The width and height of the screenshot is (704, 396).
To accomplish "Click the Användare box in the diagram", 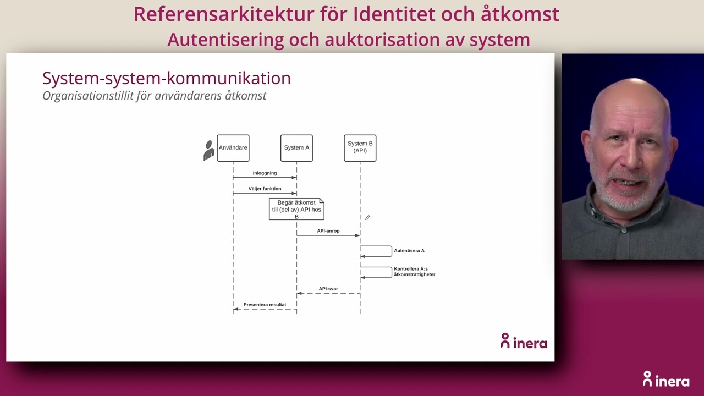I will click(x=233, y=148).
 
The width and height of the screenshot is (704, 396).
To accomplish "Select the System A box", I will click(x=296, y=148).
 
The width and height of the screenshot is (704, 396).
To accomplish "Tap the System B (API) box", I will click(x=360, y=148).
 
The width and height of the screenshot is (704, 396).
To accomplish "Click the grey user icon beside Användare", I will click(x=209, y=150).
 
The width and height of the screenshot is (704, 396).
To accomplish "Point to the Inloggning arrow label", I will click(x=265, y=173).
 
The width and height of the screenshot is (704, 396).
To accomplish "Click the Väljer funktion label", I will click(x=265, y=189).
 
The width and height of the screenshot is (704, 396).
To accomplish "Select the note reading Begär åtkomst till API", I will click(x=296, y=210).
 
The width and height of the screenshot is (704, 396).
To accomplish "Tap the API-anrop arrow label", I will click(x=328, y=231).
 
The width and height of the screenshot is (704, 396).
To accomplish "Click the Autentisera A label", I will click(x=409, y=251).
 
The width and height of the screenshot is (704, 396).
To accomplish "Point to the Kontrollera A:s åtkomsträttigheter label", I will click(x=414, y=272).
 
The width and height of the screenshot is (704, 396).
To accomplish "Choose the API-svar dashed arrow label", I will click(x=328, y=289).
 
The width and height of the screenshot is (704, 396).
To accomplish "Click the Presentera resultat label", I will click(x=265, y=305).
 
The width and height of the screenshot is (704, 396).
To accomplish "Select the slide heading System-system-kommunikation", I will click(x=166, y=78).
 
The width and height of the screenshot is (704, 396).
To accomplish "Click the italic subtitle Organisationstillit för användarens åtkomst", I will click(x=154, y=96).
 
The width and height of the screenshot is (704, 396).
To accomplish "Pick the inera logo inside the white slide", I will click(x=524, y=342).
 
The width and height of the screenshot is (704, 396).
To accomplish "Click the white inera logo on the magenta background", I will click(x=665, y=380).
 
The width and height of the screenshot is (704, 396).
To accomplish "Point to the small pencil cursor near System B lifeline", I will click(x=367, y=218).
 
